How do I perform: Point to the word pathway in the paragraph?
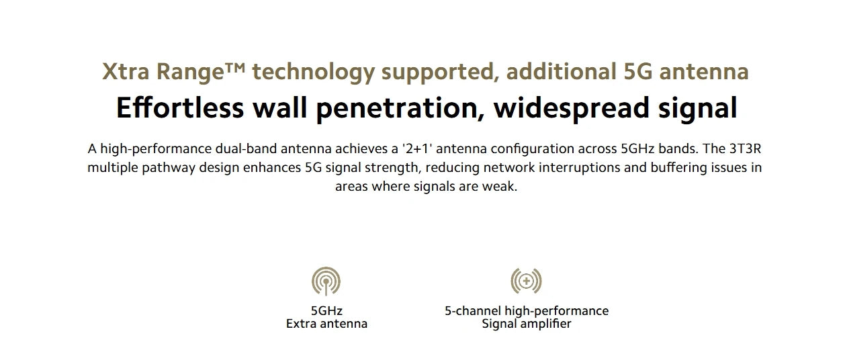coord(170,167)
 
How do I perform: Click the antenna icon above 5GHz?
coord(326,281)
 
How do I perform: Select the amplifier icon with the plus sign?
coord(526,281)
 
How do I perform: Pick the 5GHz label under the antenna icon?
coord(326,311)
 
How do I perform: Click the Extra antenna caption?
coord(326,324)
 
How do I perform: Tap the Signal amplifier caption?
coord(526,324)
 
